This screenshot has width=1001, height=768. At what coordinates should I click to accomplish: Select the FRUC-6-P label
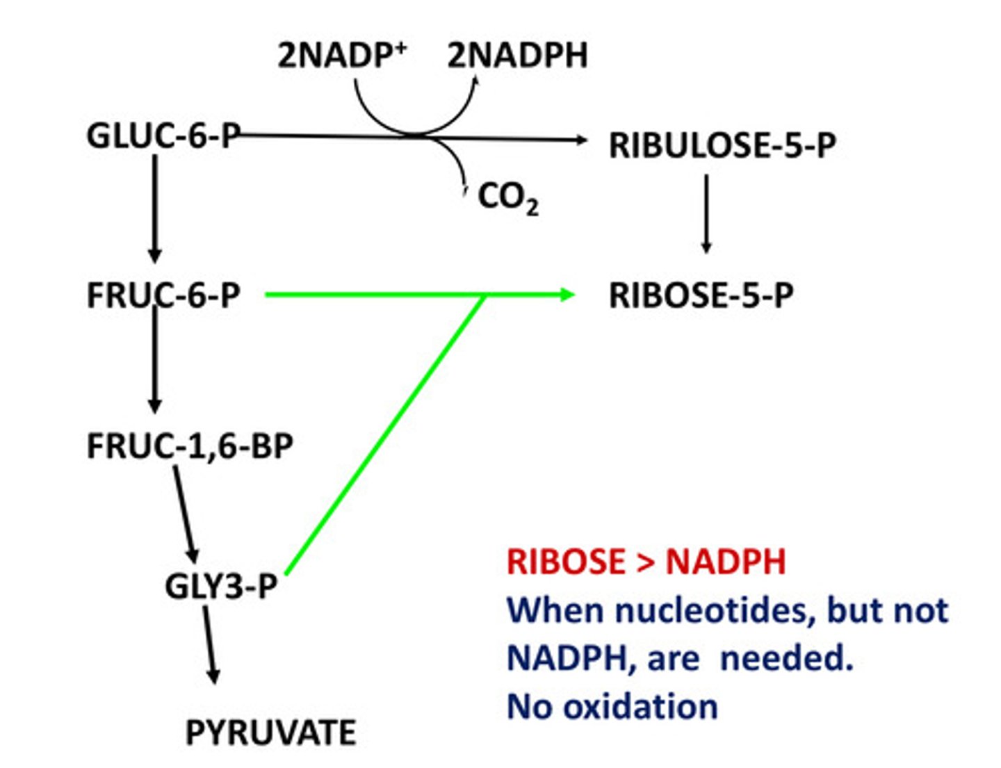point(163,295)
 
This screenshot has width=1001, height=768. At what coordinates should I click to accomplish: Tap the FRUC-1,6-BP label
point(190,446)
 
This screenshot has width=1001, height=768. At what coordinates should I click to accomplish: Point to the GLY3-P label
point(221,586)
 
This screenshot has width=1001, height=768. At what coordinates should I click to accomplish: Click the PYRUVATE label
point(270,733)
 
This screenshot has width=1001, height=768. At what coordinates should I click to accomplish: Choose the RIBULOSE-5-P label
point(722,145)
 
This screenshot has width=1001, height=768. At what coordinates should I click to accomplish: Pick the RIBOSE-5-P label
point(701,295)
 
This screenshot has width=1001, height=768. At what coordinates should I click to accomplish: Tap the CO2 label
point(507,197)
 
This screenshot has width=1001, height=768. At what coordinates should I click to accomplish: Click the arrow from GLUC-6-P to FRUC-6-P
point(155,209)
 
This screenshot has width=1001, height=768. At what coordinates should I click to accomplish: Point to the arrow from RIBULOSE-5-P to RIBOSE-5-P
point(706,213)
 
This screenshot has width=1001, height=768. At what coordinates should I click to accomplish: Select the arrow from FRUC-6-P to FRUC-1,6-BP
point(155,361)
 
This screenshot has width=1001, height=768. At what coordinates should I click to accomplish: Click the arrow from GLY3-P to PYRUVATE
point(210,645)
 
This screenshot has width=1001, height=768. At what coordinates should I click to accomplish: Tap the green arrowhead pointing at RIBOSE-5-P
point(567,295)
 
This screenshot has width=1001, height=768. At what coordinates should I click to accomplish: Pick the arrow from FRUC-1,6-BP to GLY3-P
point(185,514)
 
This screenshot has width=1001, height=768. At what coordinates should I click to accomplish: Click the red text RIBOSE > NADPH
point(646,562)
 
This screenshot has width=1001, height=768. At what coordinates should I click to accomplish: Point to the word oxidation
point(640,707)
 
